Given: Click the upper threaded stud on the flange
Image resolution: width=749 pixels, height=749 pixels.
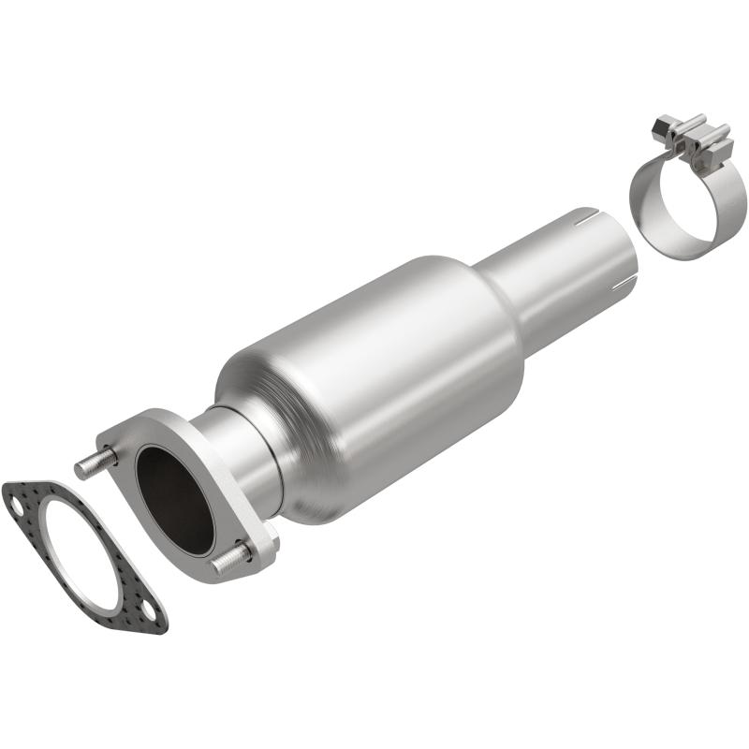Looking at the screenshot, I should (x=95, y=463).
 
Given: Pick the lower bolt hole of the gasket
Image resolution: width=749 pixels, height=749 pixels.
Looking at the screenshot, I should (x=149, y=616).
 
